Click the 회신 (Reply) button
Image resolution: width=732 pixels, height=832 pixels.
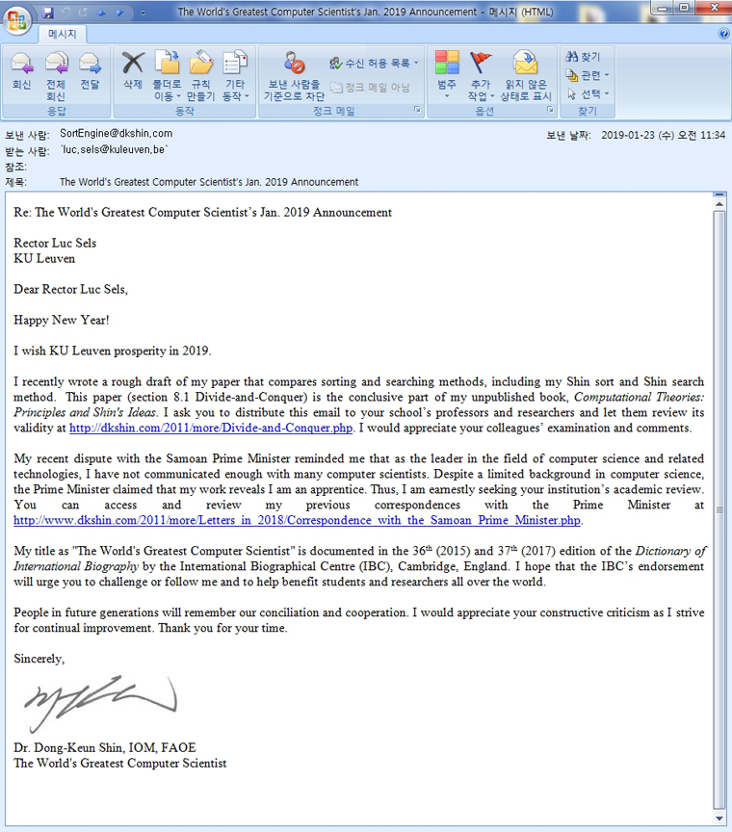[x=21, y=73]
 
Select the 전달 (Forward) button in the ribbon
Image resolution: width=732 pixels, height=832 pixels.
[x=90, y=73]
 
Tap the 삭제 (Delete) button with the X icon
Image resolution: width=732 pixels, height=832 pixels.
[x=133, y=73]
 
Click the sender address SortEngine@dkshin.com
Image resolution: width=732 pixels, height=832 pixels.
[x=116, y=134]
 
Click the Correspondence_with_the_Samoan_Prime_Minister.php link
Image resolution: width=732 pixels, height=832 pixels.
[x=298, y=521]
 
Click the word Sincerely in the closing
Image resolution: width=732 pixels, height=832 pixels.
[x=39, y=660]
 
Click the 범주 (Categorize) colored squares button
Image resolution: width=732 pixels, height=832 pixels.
[x=447, y=73]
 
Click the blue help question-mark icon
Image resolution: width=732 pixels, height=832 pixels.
[x=723, y=34]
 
